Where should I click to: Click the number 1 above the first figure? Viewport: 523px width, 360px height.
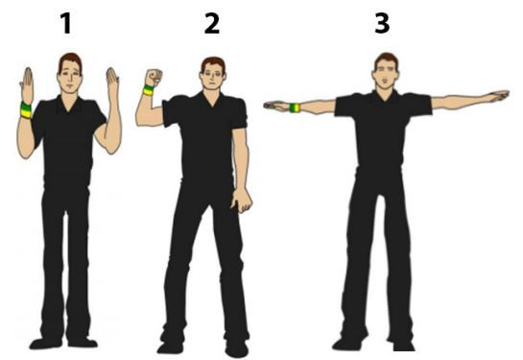click(66, 23)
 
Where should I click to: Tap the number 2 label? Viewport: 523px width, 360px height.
click(212, 23)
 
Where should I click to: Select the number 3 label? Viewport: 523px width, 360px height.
click(382, 23)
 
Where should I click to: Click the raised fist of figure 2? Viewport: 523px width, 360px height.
click(154, 78)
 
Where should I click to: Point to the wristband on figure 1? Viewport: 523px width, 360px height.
click(26, 109)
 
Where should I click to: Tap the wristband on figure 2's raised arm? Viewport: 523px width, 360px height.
click(148, 90)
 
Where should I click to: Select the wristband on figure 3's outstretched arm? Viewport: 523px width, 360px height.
click(295, 108)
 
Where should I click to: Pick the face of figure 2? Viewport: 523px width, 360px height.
click(212, 78)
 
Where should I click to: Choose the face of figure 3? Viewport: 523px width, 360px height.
click(386, 76)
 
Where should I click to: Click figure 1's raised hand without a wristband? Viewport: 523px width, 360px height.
click(112, 83)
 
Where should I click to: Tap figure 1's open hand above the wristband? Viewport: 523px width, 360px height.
click(27, 85)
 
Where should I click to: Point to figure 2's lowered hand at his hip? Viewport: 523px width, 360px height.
click(242, 201)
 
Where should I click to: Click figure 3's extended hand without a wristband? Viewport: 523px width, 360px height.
click(497, 96)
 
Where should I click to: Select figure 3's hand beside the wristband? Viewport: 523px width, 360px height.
click(276, 107)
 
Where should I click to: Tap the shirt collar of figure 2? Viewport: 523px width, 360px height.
click(212, 97)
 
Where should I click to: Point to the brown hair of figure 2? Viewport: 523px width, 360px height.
click(213, 63)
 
